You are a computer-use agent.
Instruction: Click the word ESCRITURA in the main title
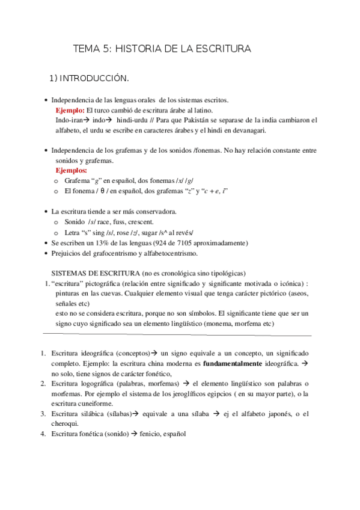pyautogui.click(x=219, y=49)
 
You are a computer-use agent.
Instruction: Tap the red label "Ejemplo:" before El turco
pyautogui.click(x=70, y=111)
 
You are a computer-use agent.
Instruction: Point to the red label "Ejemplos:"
pyautogui.click(x=72, y=171)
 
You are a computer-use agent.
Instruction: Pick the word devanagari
pyautogui.click(x=246, y=130)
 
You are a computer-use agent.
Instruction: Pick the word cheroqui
pyautogui.click(x=66, y=423)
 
